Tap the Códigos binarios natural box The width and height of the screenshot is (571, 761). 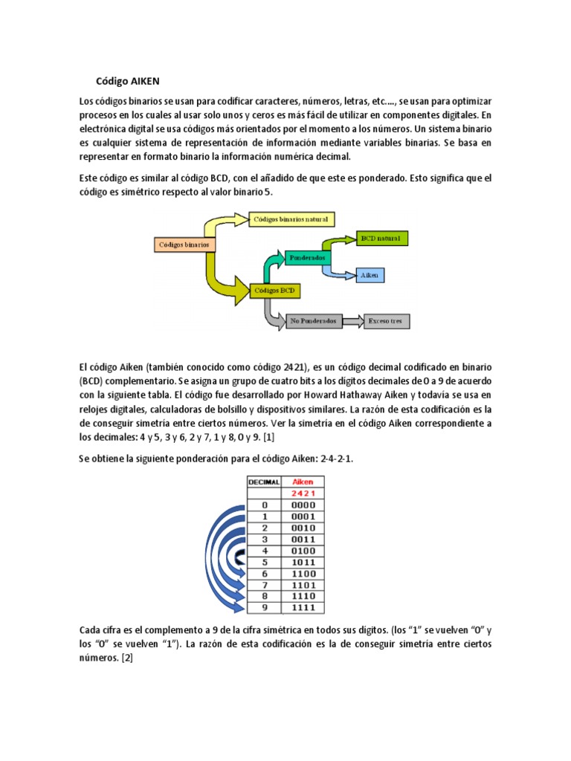pos(292,219)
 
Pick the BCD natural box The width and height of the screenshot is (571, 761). pos(381,239)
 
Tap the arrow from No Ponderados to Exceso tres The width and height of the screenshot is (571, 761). pos(351,321)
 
